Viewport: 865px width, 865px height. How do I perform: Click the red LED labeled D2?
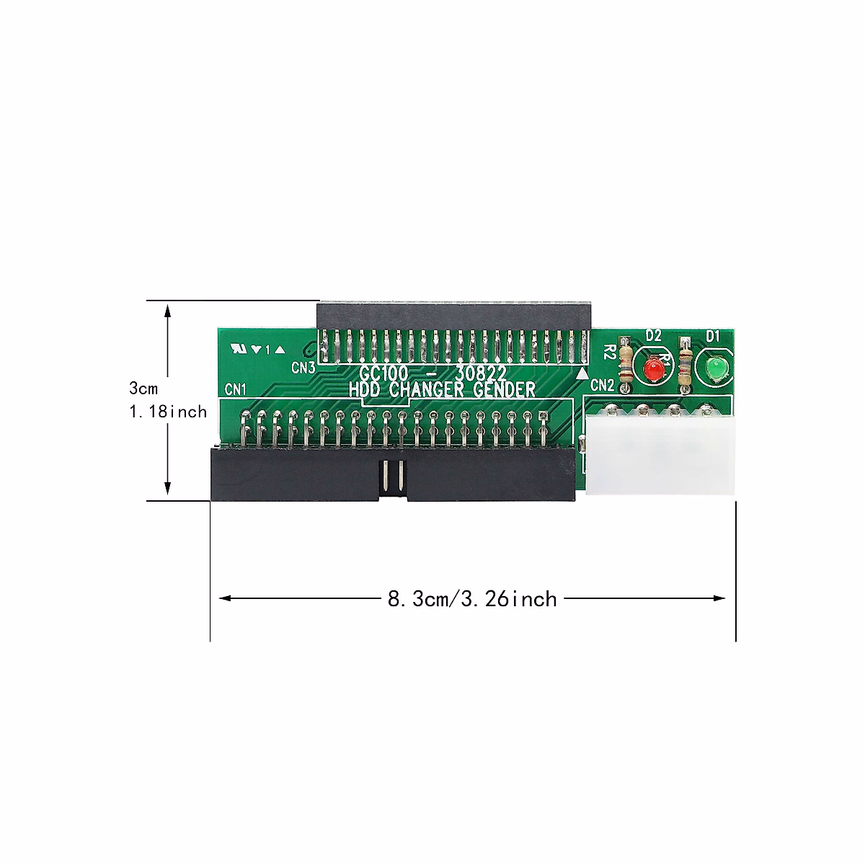[654, 369]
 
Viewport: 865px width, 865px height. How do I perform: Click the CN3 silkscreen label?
[303, 368]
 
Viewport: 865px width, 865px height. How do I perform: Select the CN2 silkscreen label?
[602, 386]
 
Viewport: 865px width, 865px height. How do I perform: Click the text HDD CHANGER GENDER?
[442, 391]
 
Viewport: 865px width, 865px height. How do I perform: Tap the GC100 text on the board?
[384, 373]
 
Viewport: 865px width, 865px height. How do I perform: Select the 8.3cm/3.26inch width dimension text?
[472, 599]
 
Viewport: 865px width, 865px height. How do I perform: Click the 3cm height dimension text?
[143, 389]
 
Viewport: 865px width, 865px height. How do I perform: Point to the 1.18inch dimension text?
[167, 412]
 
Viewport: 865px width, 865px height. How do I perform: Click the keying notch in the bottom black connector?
[391, 478]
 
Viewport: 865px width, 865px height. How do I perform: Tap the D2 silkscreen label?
[653, 335]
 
